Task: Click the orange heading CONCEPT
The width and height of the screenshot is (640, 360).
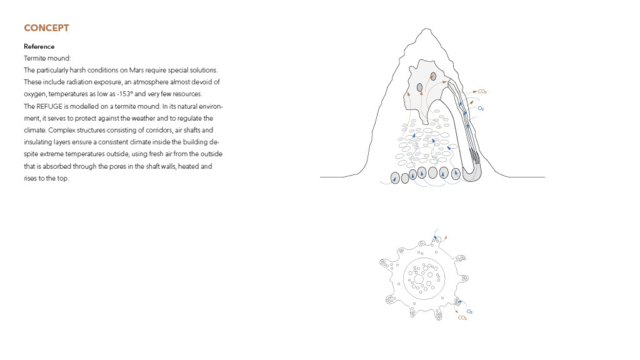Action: point(46,28)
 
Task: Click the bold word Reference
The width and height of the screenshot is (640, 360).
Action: point(39,46)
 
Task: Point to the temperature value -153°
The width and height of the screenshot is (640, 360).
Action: point(125,94)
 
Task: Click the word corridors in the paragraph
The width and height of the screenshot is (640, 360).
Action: point(157,130)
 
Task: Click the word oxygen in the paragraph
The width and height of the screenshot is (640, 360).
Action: point(35,94)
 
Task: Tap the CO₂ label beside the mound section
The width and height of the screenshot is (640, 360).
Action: point(482,92)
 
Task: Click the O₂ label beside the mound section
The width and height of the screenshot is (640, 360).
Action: point(481,109)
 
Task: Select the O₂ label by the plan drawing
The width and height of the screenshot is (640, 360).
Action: point(469,311)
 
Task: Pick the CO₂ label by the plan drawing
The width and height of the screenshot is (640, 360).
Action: point(462,318)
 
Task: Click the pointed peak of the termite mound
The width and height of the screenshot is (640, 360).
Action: point(426,29)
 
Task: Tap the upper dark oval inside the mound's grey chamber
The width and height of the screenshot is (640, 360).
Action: point(434,76)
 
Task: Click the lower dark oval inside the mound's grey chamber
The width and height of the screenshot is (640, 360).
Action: point(419,87)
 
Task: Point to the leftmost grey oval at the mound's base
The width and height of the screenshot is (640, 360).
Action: point(395,178)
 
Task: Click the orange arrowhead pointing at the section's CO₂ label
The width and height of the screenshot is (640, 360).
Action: point(475,91)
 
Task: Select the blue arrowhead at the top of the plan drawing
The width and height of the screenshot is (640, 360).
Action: point(435,237)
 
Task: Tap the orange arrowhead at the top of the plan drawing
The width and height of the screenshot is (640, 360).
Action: point(446,237)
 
